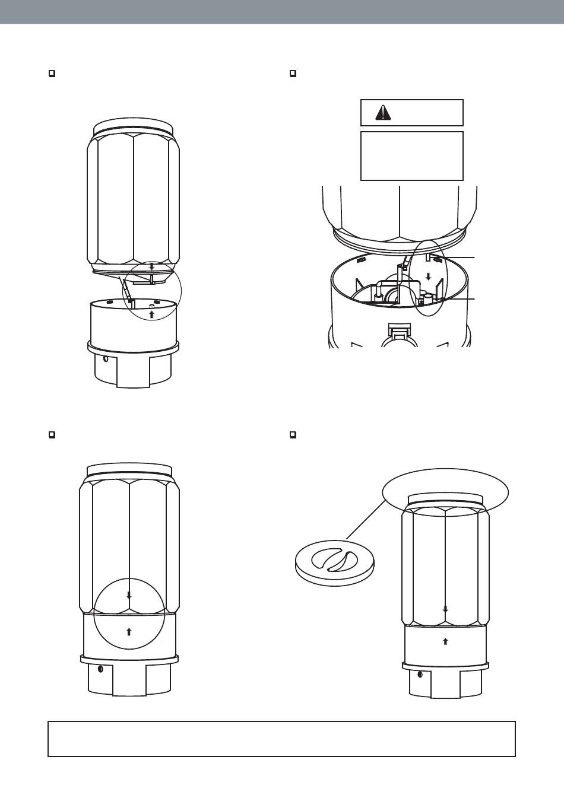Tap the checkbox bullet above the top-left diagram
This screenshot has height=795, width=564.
[52, 74]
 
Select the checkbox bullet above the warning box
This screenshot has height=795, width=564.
[293, 74]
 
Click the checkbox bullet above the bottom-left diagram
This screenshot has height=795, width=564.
[52, 435]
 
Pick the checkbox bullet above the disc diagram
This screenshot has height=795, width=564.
[293, 435]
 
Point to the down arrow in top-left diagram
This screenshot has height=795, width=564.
[151, 267]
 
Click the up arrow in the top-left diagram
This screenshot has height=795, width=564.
[151, 314]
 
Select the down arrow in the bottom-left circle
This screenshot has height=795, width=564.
[129, 594]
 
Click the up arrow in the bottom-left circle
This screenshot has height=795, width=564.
[129, 631]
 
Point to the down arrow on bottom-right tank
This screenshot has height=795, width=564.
[445, 609]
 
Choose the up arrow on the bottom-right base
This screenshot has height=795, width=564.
[445, 641]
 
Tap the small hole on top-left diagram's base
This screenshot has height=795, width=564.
[105, 358]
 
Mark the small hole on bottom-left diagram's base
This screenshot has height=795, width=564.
[100, 669]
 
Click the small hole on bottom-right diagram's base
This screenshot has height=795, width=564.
[420, 674]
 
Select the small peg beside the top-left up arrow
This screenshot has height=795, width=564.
[151, 306]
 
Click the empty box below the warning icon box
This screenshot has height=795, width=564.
[411, 155]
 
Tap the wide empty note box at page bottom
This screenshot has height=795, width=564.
[281, 739]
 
